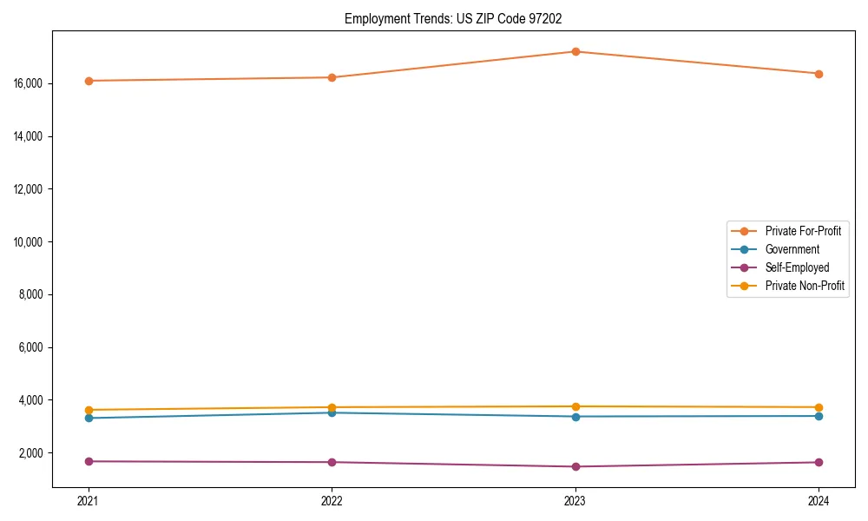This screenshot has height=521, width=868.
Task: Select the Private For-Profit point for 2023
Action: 575,51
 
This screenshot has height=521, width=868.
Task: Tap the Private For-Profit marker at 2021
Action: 89,81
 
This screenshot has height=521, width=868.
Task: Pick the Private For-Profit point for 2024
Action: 819,74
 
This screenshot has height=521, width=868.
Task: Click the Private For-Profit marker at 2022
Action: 332,77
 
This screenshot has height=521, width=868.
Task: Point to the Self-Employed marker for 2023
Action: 575,466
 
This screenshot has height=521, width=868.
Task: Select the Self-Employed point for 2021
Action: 89,461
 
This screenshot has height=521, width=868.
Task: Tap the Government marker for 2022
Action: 332,412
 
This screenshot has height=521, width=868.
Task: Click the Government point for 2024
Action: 819,416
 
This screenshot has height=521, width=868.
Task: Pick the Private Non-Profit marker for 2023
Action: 575,406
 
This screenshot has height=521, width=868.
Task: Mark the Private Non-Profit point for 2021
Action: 89,410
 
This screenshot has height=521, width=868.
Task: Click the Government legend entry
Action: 792,249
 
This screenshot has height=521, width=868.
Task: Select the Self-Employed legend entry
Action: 797,267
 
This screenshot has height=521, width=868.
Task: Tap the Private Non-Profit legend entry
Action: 805,286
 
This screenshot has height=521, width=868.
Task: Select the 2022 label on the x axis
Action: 332,501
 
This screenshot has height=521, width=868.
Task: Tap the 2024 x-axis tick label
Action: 819,501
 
